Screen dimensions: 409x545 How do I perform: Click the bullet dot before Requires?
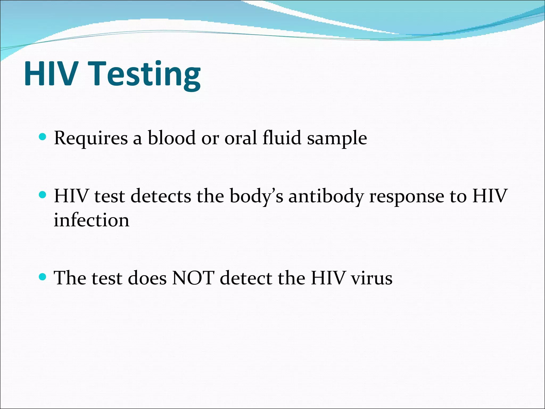coord(43,137)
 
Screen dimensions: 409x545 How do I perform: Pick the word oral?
coord(241,138)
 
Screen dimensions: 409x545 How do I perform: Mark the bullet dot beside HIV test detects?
coord(43,195)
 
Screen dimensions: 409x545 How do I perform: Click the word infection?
coord(92,220)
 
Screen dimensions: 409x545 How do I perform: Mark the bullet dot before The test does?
coord(43,277)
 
